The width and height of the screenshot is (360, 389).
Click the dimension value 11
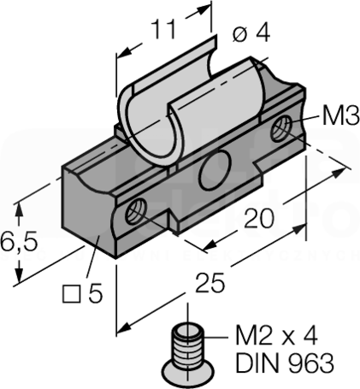tap(164, 30)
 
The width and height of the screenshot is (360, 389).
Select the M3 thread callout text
tap(341, 116)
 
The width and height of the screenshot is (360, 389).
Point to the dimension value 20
tap(259, 219)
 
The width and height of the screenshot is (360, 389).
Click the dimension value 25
tap(210, 283)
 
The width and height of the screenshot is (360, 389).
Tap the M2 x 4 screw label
tap(276, 336)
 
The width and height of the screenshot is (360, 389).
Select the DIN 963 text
tap(285, 362)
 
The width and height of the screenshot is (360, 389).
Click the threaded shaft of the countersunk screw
tap(188, 344)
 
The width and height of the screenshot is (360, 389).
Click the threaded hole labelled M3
tap(280, 129)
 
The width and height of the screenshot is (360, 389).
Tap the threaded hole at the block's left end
tap(136, 211)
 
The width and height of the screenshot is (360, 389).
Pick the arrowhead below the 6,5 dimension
tap(19, 276)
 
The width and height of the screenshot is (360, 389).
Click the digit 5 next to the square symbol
tap(95, 293)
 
